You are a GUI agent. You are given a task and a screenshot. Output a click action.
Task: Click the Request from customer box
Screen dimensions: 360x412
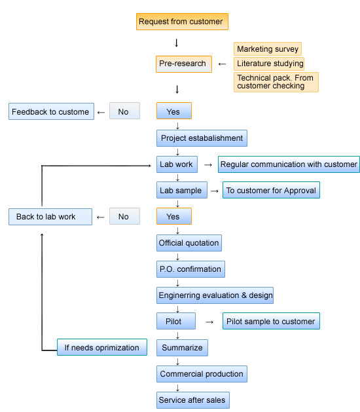[182, 22]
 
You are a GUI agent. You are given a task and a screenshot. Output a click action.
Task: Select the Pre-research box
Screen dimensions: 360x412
[184, 64]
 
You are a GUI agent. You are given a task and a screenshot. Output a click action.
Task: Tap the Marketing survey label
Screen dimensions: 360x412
[268, 49]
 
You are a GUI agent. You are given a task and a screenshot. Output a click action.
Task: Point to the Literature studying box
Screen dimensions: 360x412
[269, 64]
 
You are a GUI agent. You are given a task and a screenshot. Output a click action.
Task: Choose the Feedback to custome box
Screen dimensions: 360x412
[51, 111]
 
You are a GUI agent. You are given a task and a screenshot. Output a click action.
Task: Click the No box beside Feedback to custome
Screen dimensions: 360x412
[124, 111]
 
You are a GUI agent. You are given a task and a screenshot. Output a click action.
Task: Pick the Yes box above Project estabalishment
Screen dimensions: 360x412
[174, 111]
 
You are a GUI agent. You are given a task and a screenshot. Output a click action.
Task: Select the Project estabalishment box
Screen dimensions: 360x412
[202, 138]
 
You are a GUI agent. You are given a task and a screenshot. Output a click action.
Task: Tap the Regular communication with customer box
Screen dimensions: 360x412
[289, 164]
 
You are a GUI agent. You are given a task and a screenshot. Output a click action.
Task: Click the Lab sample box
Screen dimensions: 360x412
[182, 190]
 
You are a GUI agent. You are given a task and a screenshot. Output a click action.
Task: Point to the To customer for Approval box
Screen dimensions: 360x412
[271, 190]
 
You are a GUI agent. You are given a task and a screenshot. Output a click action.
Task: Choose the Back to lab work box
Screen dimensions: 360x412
[50, 217]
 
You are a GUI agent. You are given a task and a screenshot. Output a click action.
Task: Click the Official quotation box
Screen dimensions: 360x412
[189, 243]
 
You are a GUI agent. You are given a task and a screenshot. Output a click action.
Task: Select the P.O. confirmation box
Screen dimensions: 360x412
[190, 269]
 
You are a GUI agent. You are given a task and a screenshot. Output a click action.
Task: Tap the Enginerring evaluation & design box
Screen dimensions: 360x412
[215, 295]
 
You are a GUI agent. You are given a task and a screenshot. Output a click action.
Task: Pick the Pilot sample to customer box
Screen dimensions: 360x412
[271, 321]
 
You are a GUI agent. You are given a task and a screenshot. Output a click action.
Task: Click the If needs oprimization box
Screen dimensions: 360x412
[102, 347]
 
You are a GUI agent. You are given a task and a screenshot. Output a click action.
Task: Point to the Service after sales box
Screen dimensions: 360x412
[192, 400]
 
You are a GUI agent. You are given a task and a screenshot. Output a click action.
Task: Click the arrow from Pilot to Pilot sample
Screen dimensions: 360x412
[209, 322]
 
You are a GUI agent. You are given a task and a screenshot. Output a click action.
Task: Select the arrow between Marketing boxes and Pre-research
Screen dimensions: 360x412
[222, 64]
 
